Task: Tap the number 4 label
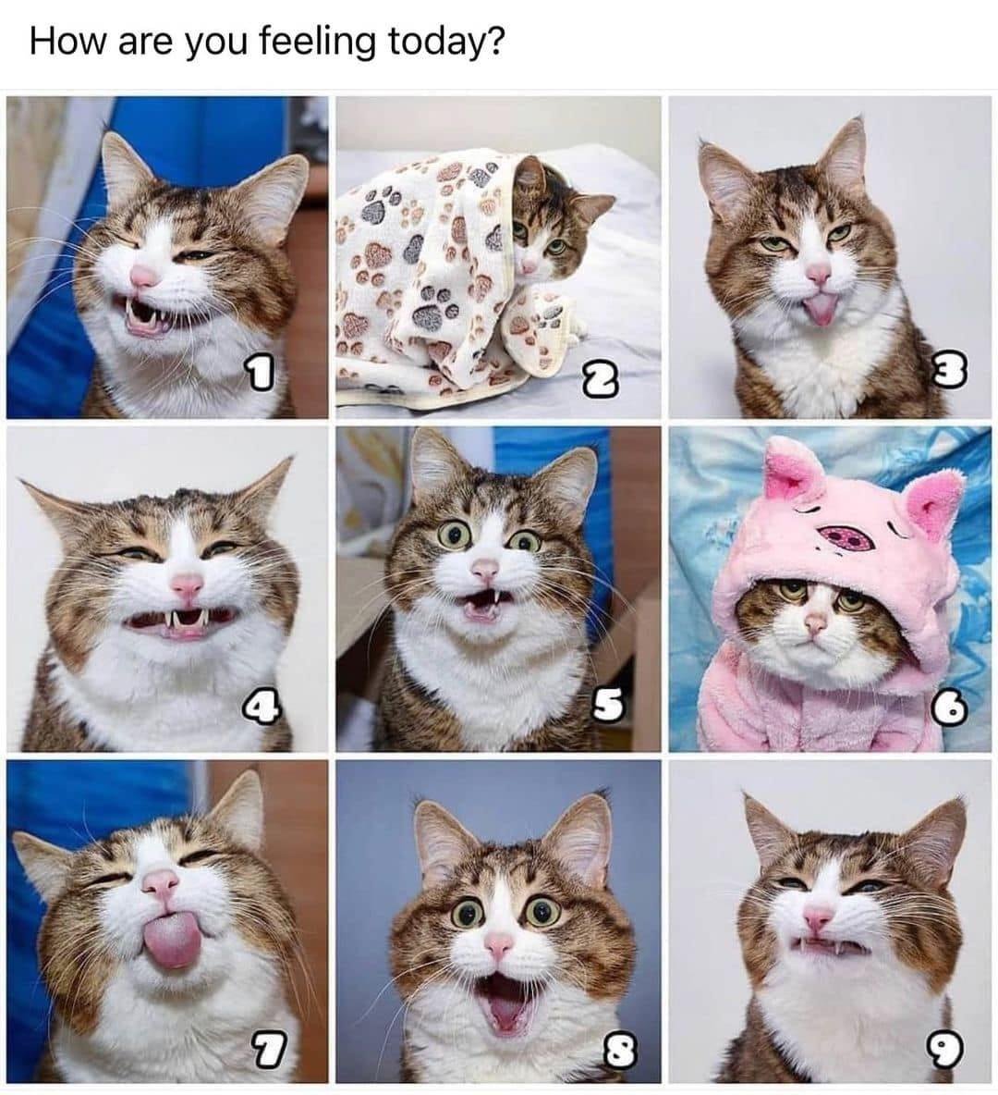pos(261,707)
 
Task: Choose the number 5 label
pos(608,706)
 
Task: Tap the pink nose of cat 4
pos(187,584)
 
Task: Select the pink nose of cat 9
pos(817,917)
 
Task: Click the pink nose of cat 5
pos(485,569)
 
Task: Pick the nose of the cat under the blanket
pos(529,265)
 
